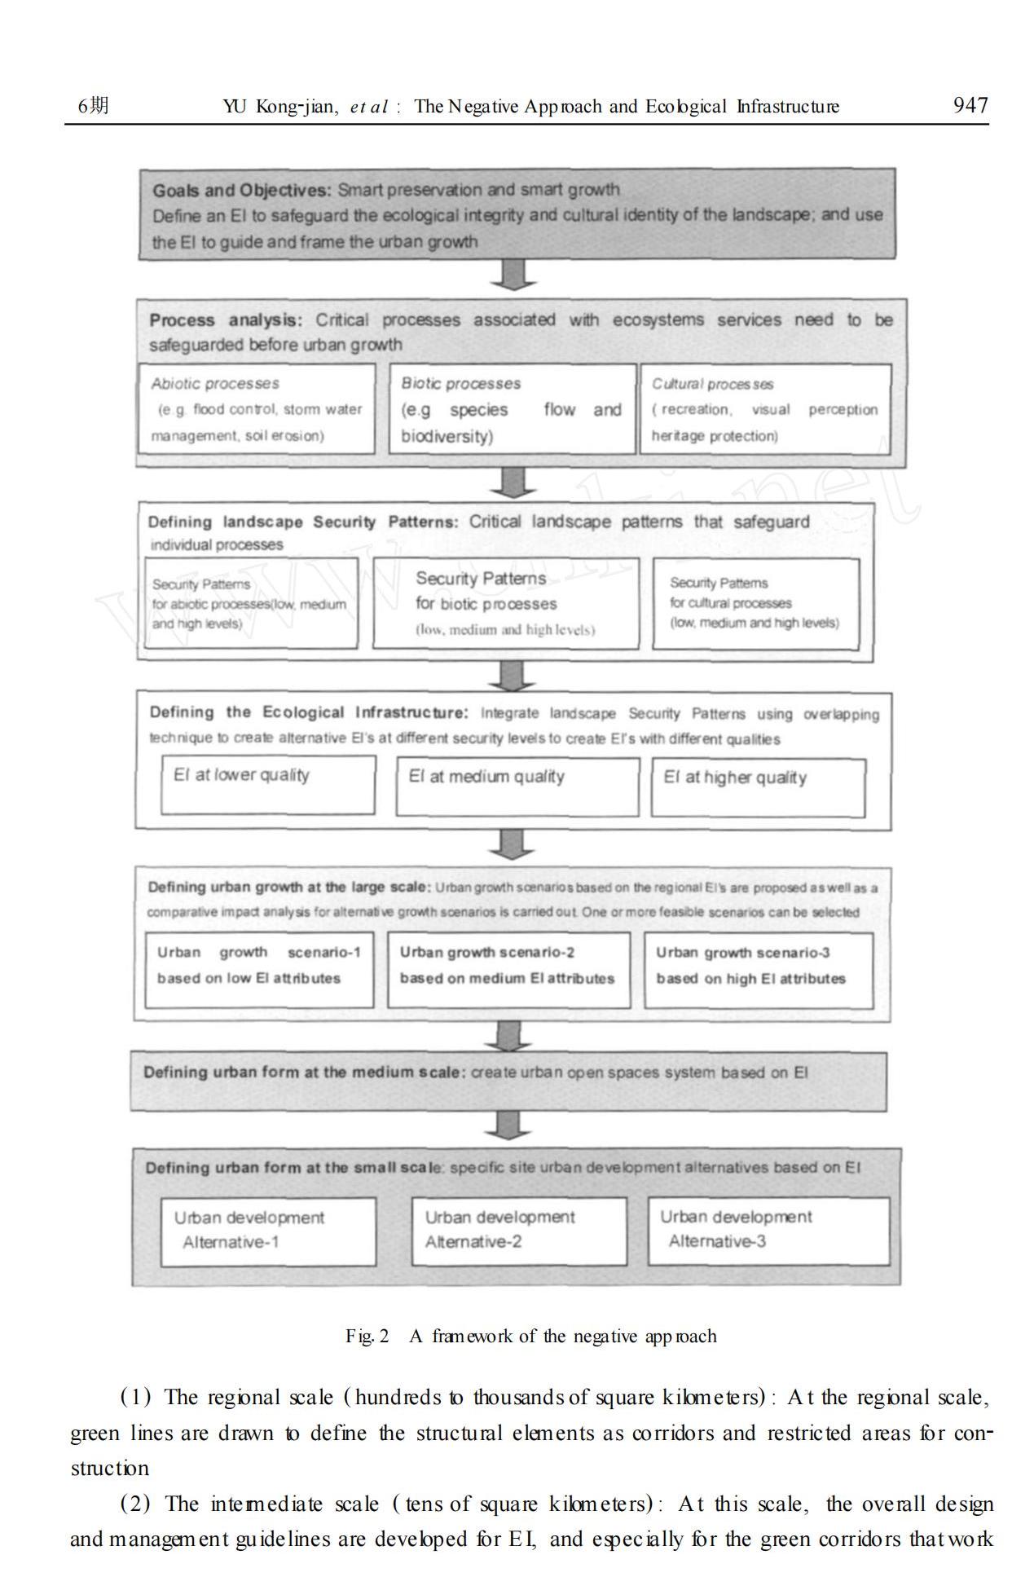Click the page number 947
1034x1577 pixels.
970,105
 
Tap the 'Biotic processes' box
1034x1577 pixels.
512,408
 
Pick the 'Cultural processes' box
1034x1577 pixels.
765,408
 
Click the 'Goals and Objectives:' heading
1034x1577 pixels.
242,191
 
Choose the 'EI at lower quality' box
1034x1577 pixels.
268,785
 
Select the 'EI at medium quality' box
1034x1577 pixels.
517,786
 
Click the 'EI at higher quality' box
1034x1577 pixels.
758,787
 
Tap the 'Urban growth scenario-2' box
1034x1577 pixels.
508,970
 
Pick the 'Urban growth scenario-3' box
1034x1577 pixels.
759,970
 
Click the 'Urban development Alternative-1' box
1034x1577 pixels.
268,1231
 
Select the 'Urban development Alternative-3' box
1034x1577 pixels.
768,1231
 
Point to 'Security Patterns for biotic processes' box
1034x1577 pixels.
506,603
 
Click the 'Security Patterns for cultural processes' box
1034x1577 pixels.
756,603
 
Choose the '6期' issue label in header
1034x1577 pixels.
93,106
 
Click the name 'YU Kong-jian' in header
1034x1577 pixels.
280,107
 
